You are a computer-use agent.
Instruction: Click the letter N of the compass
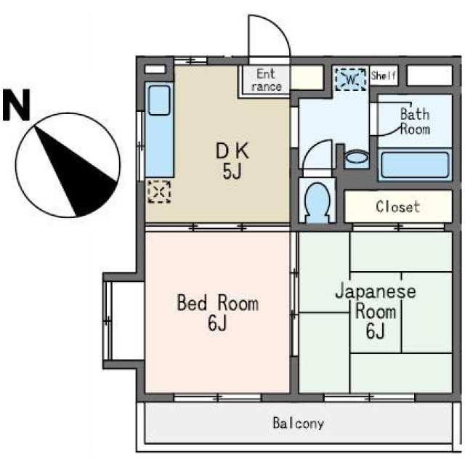tap(16, 105)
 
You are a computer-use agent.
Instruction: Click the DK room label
tap(232, 151)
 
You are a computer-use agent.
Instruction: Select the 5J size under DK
tap(232, 171)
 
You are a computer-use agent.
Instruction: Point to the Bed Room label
tap(218, 303)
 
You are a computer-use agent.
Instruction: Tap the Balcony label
tap(298, 424)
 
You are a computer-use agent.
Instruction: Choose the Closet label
tap(397, 206)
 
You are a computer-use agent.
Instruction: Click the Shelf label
tap(383, 76)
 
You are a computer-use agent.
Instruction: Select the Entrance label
tap(266, 80)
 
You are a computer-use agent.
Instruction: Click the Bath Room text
tap(415, 121)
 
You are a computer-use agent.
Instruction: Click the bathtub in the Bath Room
tap(415, 165)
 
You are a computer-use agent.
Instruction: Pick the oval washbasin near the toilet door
tap(357, 157)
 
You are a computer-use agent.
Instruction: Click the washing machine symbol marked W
tap(350, 79)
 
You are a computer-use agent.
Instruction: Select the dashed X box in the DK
tap(159, 192)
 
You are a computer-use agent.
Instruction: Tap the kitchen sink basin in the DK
tap(159, 100)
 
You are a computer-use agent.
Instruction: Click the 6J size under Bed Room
tap(217, 323)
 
